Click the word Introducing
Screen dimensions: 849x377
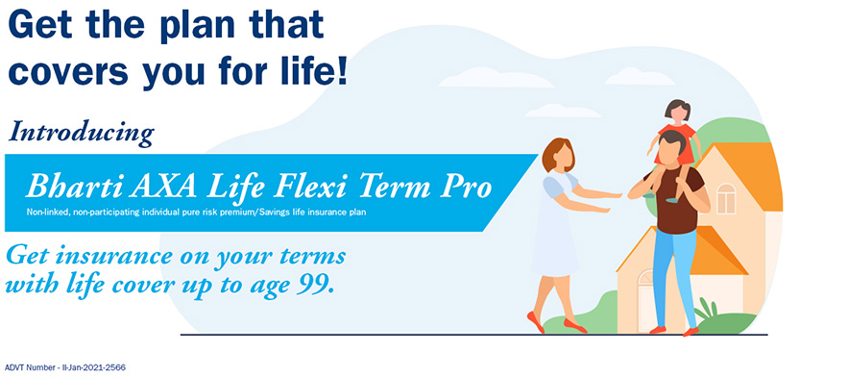pyautogui.click(x=82, y=133)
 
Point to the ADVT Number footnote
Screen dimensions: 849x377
pyautogui.click(x=65, y=367)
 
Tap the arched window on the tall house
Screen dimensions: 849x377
pyautogui.click(x=725, y=198)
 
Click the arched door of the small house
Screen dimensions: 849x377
pyautogui.click(x=646, y=300)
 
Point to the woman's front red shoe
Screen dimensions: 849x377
pyautogui.click(x=536, y=321)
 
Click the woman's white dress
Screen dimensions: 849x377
pyautogui.click(x=555, y=228)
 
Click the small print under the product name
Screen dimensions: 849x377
pyautogui.click(x=197, y=213)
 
